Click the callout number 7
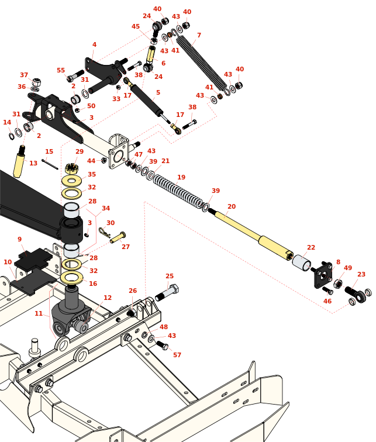click(x=199, y=36)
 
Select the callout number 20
click(x=232, y=207)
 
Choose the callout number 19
click(x=181, y=178)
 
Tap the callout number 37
click(x=24, y=75)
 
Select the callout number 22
click(x=311, y=248)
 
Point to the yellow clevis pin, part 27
click(x=118, y=238)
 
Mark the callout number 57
click(x=177, y=355)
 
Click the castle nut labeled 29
click(x=72, y=169)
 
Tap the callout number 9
click(x=19, y=240)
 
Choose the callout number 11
click(x=39, y=314)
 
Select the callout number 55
click(x=61, y=70)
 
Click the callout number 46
click(x=327, y=302)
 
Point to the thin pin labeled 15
click(x=50, y=164)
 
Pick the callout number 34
click(x=106, y=209)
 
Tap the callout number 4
click(x=94, y=45)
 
